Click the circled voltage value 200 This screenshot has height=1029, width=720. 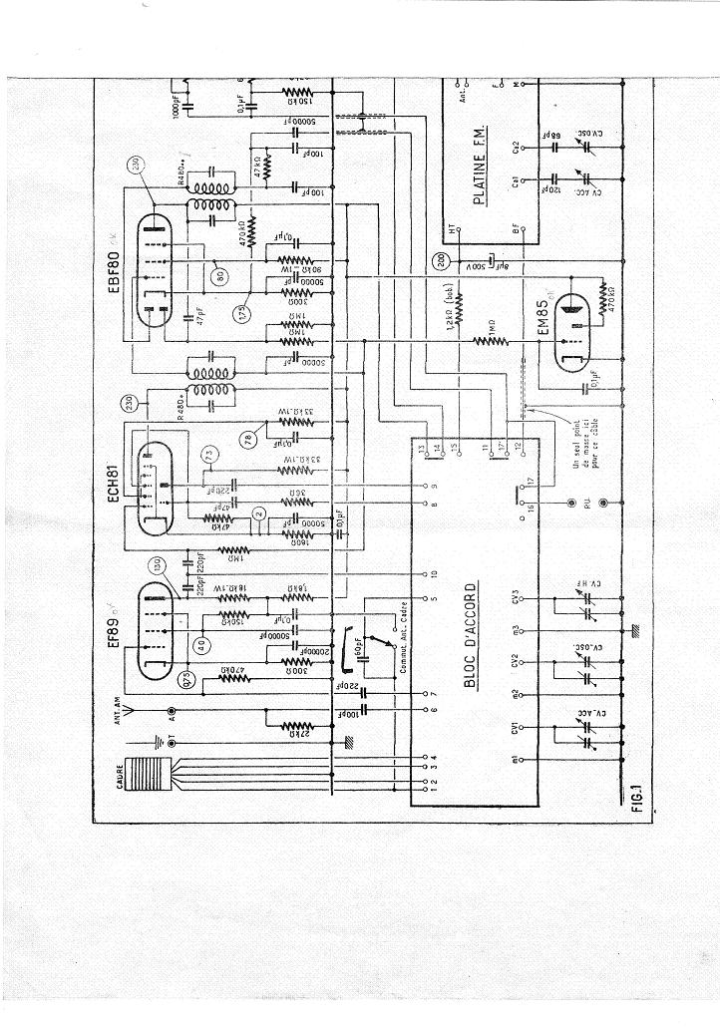tap(442, 262)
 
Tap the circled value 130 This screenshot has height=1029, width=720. tap(156, 564)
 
